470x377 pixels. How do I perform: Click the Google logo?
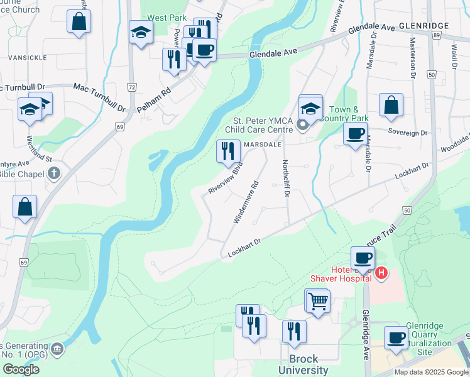pos(21,369)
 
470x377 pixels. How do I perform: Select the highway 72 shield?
pos(131,86)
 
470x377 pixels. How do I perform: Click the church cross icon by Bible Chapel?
pos(55,173)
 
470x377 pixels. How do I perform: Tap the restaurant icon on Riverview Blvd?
pos(227,151)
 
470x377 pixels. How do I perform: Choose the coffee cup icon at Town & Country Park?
pos(356,134)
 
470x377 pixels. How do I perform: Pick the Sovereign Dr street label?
pos(409,133)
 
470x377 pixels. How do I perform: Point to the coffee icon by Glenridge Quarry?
pos(396,338)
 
